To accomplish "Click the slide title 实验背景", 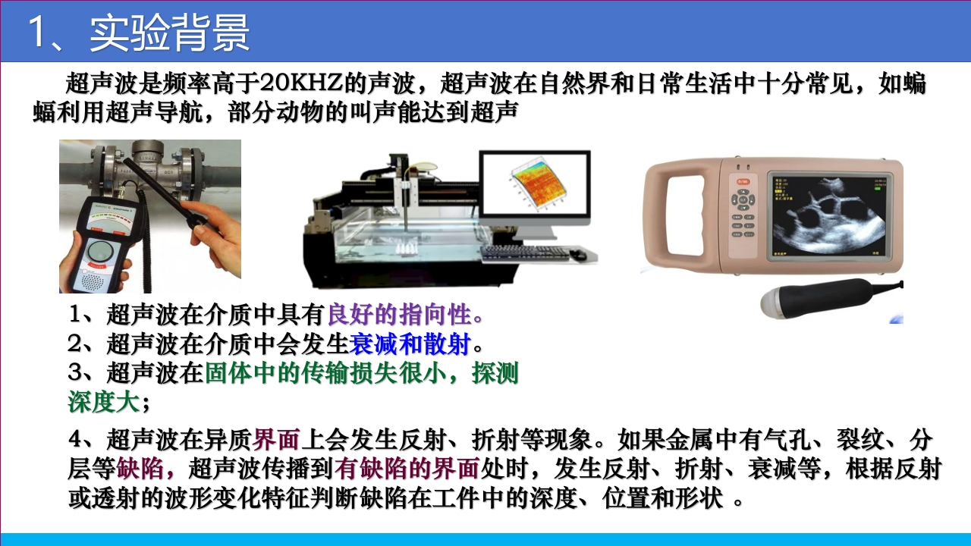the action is click(169, 33).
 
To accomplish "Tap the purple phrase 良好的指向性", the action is click(399, 314).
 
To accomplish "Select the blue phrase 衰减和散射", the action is click(410, 344).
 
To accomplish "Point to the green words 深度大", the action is click(104, 402).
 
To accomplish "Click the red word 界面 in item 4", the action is click(276, 439).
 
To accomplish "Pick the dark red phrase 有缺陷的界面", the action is click(407, 469).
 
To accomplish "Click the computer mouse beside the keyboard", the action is click(578, 255).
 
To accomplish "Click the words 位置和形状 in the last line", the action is click(662, 498).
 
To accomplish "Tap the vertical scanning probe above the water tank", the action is click(406, 205).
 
